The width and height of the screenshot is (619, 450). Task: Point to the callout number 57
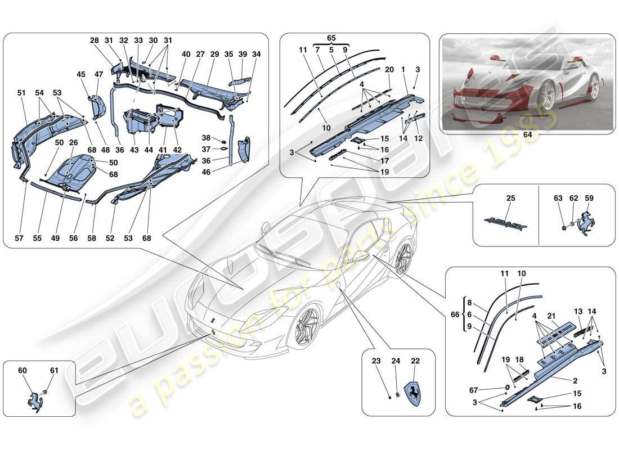(x=20, y=238)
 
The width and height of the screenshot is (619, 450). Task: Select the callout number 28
(x=94, y=40)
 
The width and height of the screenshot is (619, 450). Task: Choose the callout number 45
(x=81, y=74)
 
